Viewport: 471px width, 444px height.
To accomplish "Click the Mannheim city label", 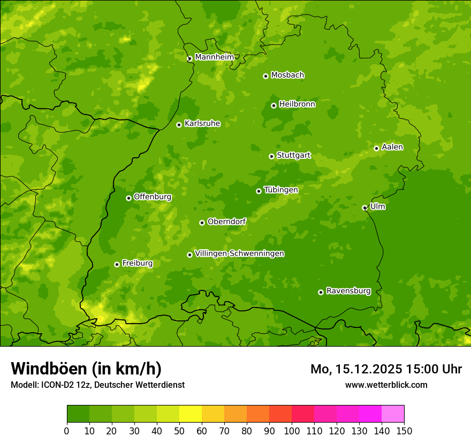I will click(214, 57).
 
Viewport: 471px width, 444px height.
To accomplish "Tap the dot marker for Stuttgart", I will click(271, 156).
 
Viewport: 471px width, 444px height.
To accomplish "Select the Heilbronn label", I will click(297, 104).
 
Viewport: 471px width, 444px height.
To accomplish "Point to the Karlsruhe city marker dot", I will click(179, 125).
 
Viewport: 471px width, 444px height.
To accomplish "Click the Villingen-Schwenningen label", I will click(239, 253).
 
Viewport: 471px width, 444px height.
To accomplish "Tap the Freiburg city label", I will click(137, 263).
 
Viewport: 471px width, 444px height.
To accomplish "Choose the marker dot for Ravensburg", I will click(321, 292).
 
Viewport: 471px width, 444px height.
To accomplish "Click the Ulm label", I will click(377, 206).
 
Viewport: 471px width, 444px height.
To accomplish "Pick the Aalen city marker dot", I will click(376, 148).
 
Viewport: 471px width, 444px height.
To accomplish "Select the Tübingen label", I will click(280, 189).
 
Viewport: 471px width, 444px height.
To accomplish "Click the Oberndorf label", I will click(226, 221).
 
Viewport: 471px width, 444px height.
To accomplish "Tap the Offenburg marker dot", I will click(128, 198).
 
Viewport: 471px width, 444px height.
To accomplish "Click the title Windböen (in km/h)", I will click(86, 369).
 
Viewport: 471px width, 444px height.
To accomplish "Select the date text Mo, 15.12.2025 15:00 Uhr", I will click(386, 369).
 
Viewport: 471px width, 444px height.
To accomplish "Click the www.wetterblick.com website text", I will click(386, 385).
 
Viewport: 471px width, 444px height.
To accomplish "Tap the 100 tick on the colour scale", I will click(292, 431).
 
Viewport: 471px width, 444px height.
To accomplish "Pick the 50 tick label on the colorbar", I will click(179, 431).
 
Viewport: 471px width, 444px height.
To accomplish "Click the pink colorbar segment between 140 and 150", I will click(393, 414).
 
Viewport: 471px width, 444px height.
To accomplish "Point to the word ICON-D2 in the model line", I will click(57, 385).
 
